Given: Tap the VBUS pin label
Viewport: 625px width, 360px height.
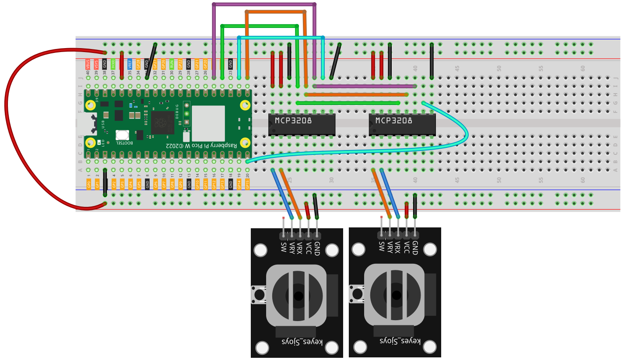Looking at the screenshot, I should (88, 65).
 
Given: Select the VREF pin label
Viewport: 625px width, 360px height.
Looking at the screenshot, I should (130, 65).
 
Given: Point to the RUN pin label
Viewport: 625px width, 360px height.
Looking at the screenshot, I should (172, 65).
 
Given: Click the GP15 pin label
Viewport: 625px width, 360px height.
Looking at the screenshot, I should (247, 184).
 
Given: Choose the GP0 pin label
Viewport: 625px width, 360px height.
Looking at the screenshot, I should (88, 184).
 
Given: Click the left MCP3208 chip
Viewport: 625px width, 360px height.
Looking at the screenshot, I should (302, 125).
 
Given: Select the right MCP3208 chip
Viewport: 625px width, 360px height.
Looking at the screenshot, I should (402, 125).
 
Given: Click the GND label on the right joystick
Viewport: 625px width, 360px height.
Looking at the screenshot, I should (415, 248).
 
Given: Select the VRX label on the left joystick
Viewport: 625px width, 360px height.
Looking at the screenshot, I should (300, 248).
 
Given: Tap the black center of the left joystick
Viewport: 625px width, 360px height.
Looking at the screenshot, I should (298, 296).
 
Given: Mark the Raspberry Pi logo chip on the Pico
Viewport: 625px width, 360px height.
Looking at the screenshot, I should (163, 122).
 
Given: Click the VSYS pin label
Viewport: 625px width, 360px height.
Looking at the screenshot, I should (96, 65).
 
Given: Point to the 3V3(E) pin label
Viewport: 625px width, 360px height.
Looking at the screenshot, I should (113, 65).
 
